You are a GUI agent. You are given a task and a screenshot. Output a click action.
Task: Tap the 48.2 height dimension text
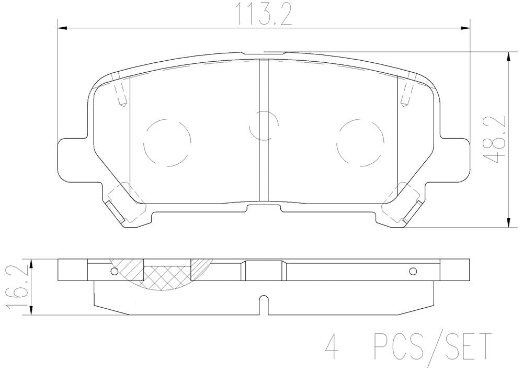(495, 140)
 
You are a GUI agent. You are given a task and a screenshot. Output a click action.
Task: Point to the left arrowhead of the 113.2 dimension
(60, 28)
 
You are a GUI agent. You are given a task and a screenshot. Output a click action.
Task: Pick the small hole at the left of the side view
(115, 271)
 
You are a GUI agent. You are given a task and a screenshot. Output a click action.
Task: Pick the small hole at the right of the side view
(413, 271)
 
